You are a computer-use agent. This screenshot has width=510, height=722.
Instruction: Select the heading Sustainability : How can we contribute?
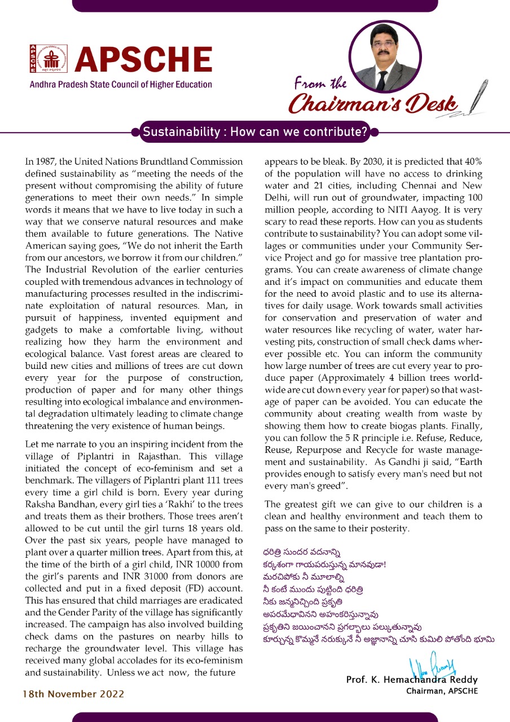pos(255,133)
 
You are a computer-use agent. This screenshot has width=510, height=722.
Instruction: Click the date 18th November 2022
pos(73,693)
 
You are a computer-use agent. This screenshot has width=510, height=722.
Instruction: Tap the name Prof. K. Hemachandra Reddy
pos(412,680)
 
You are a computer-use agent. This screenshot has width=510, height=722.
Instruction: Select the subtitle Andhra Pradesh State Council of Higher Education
pos(121,85)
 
